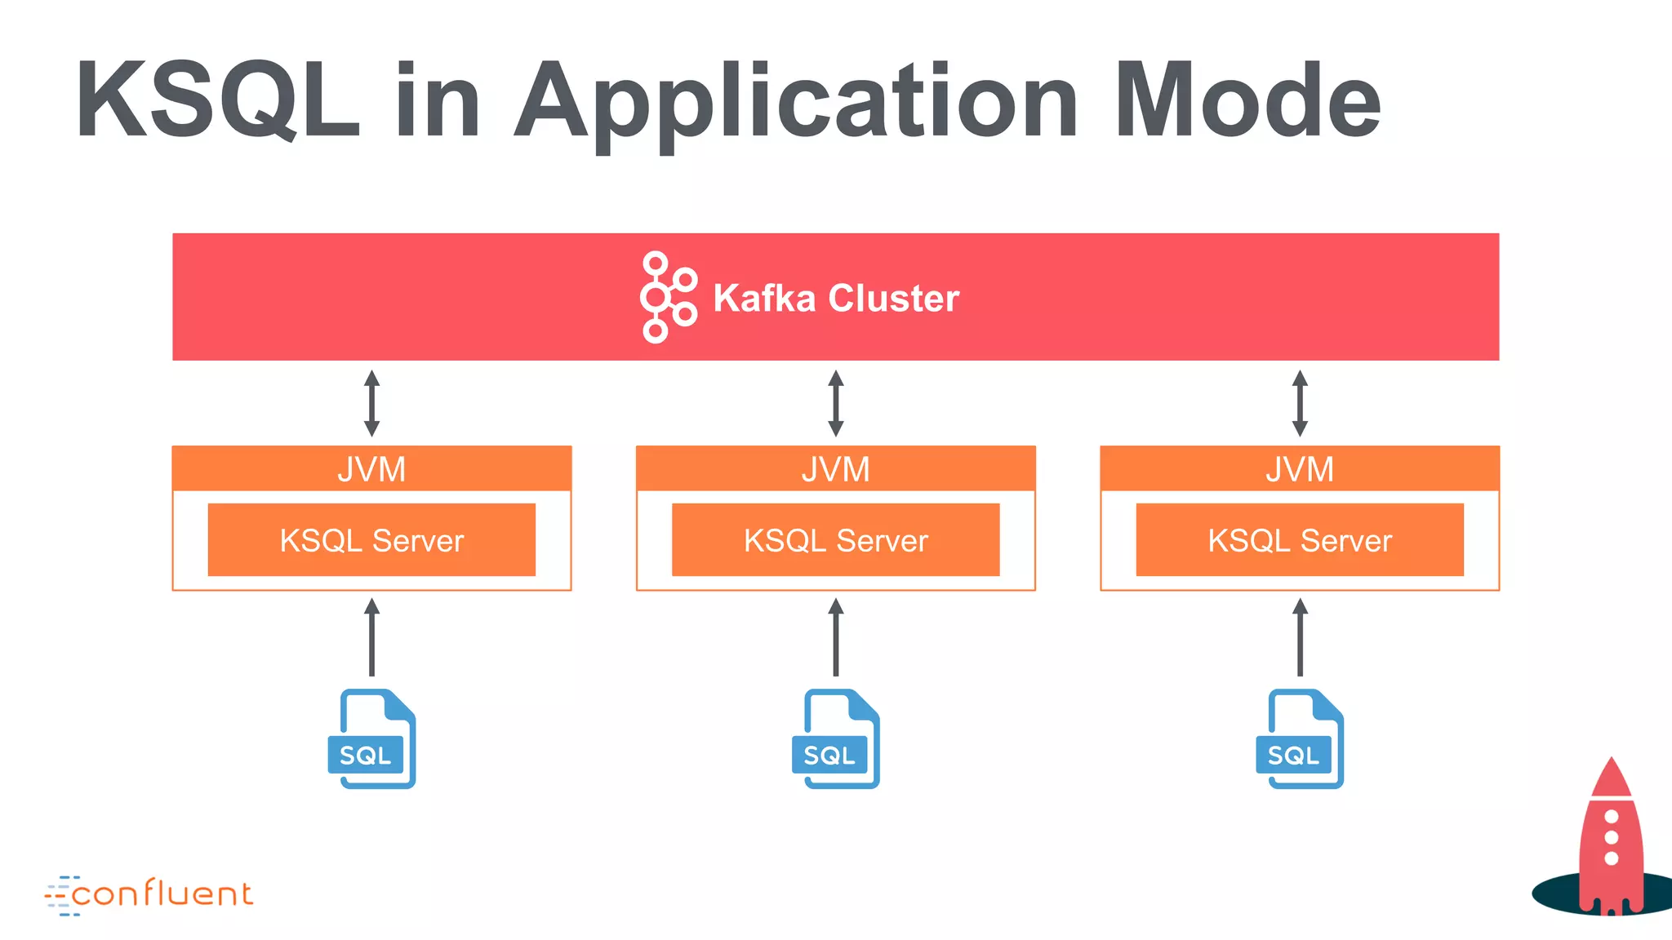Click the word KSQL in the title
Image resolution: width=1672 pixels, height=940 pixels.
(x=217, y=102)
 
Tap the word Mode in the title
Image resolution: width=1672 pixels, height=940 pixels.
(x=1247, y=102)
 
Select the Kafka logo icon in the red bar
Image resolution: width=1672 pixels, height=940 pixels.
(x=668, y=297)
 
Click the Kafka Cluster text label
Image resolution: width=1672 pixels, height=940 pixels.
(x=836, y=298)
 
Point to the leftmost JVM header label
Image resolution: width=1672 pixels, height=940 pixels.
(x=371, y=469)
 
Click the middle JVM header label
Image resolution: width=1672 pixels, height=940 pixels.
(x=835, y=469)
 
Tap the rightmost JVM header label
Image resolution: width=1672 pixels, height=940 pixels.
(x=1300, y=469)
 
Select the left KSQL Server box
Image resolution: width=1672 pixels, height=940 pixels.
(x=371, y=540)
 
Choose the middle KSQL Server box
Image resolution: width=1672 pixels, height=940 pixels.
(x=835, y=540)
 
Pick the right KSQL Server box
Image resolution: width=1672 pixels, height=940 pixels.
(x=1300, y=540)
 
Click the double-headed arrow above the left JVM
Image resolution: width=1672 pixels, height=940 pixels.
(x=371, y=403)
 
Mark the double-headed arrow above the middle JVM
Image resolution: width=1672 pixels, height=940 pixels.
(x=835, y=403)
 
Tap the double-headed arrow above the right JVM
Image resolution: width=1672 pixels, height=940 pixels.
(x=1300, y=403)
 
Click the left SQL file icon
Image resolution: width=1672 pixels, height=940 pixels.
(x=372, y=739)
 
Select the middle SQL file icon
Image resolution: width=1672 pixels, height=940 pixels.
(x=836, y=739)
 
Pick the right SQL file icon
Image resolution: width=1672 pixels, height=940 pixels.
(x=1300, y=739)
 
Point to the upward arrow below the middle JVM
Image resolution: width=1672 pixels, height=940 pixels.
(x=835, y=637)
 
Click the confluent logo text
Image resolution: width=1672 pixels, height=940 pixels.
(x=162, y=894)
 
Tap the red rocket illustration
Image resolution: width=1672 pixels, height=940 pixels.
(x=1610, y=840)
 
